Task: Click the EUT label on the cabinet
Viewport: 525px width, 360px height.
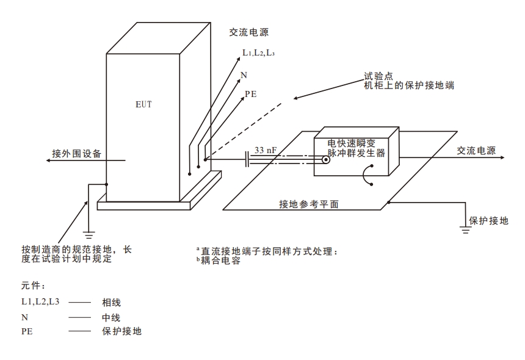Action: point(143,104)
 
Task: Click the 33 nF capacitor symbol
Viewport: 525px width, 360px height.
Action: point(247,160)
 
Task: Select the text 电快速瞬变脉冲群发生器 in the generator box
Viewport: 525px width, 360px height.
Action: point(356,148)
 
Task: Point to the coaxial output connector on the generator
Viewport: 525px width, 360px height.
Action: point(327,161)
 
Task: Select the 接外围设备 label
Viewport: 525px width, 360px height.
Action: point(77,153)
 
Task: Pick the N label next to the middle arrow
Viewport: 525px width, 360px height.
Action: point(244,75)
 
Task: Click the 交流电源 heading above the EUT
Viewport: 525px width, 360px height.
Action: point(248,32)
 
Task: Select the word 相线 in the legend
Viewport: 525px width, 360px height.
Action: point(111,303)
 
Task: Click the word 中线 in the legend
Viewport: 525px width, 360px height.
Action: point(111,317)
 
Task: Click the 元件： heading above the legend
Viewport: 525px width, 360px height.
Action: point(34,285)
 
